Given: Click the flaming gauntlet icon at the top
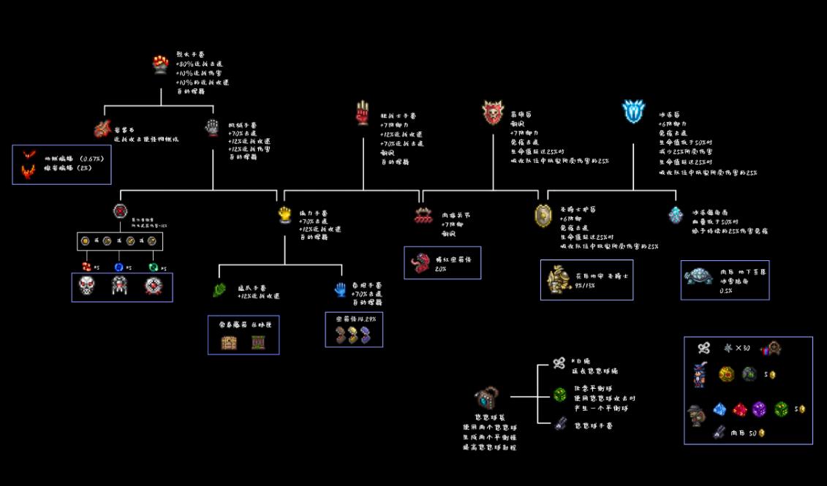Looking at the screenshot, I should pyautogui.click(x=161, y=64).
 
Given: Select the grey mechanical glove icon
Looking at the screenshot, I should pyautogui.click(x=211, y=128).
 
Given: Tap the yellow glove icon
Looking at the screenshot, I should pyautogui.click(x=285, y=214).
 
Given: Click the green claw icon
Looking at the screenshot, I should pyautogui.click(x=219, y=290).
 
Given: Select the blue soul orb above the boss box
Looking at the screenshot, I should pyautogui.click(x=119, y=266).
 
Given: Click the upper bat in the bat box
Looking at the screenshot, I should pyautogui.click(x=30, y=156).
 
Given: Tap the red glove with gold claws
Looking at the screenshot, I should pyautogui.click(x=363, y=114).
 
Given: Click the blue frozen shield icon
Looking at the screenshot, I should pyautogui.click(x=633, y=112).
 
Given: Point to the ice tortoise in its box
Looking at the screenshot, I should pyautogui.click(x=698, y=276).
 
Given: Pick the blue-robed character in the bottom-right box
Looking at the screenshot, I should pyautogui.click(x=700, y=375).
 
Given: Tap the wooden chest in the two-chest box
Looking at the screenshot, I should pyautogui.click(x=228, y=341).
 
